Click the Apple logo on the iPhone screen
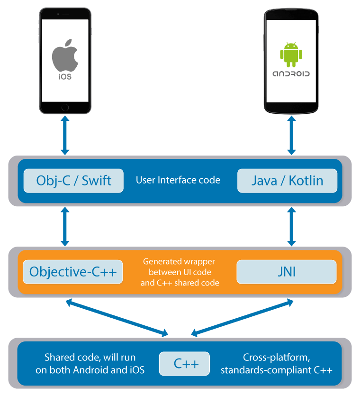click(x=64, y=55)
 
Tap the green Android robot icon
click(x=290, y=54)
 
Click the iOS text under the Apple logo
click(x=65, y=76)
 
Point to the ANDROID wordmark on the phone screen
click(x=290, y=74)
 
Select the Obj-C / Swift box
click(x=73, y=181)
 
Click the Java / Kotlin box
click(x=287, y=181)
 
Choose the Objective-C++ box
click(x=72, y=272)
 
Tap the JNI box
click(x=286, y=272)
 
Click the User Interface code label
click(x=178, y=180)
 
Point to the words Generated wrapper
click(x=179, y=261)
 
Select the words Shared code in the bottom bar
click(x=66, y=357)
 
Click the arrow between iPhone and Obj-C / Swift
click(x=65, y=136)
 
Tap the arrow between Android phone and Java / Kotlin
click(x=291, y=136)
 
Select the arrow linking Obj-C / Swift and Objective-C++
click(x=65, y=227)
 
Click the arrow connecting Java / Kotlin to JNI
click(x=291, y=227)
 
